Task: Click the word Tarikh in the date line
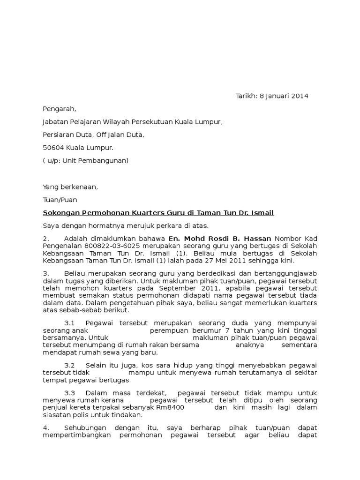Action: coord(246,96)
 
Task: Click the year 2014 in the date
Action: coord(300,96)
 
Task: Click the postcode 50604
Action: coord(53,148)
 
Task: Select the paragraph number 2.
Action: coord(45,239)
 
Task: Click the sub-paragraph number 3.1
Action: coord(70,323)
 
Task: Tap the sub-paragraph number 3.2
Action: coord(70,365)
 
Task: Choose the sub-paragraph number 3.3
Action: coord(70,393)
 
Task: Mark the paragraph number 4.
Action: coord(45,427)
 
